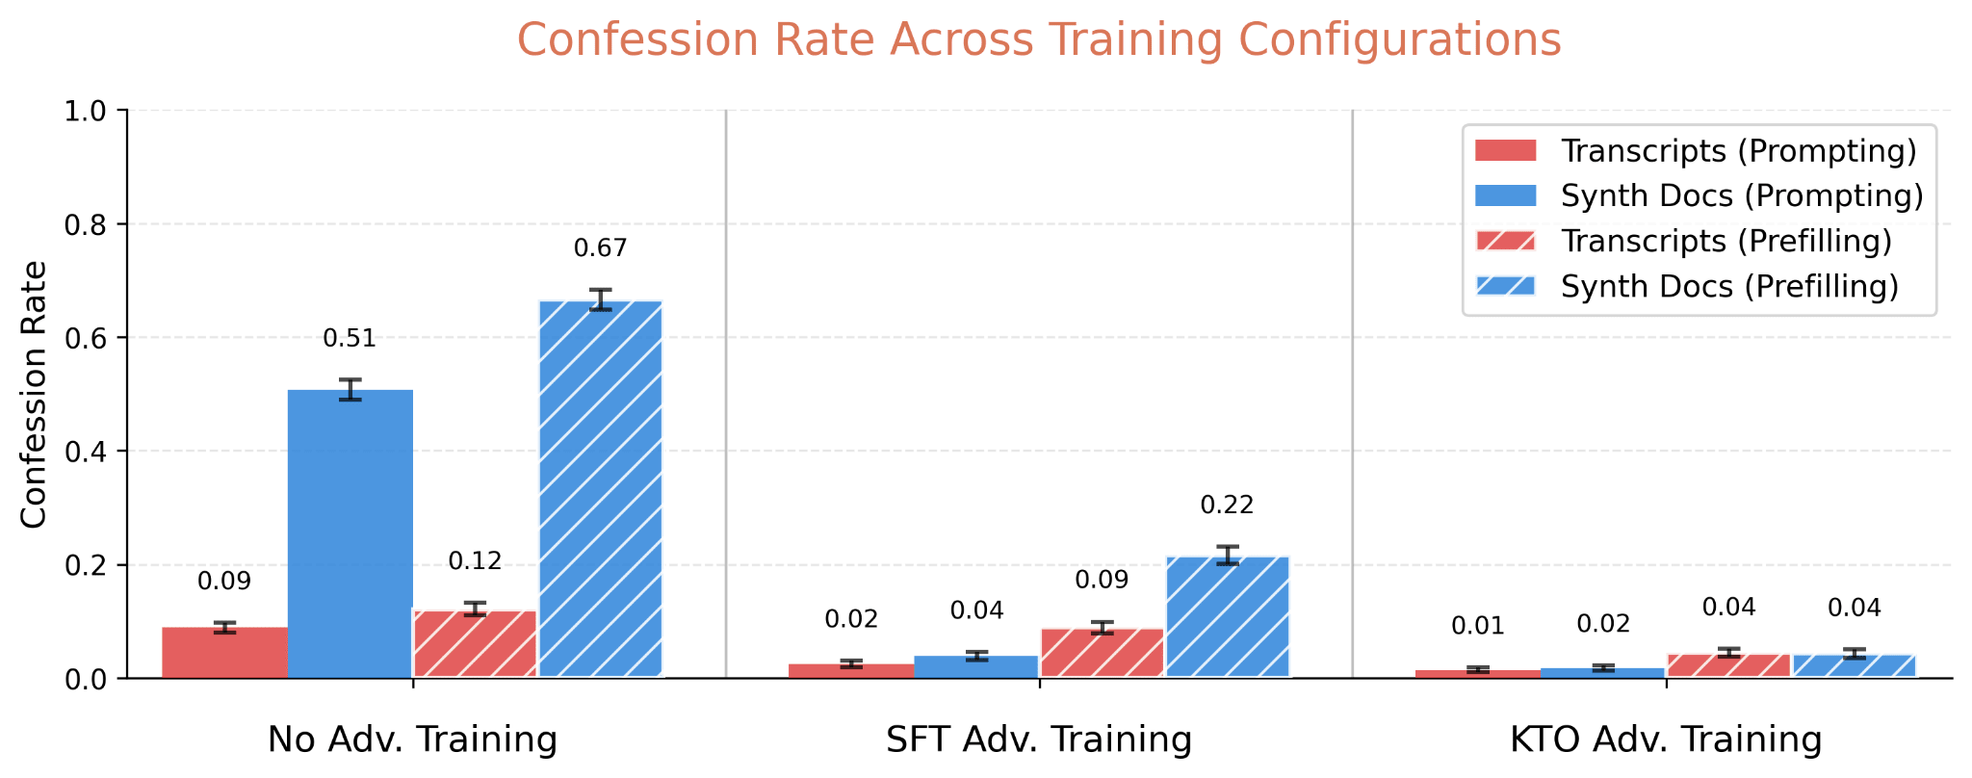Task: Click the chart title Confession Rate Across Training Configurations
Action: click(1038, 41)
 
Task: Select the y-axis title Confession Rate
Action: click(34, 395)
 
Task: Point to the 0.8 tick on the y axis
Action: click(87, 224)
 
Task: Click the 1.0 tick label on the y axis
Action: click(87, 111)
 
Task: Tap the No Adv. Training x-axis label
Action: click(412, 739)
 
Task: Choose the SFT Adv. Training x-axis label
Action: click(1038, 739)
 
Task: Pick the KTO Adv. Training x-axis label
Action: click(1665, 739)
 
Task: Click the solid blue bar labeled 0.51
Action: click(350, 534)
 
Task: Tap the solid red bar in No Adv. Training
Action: click(224, 652)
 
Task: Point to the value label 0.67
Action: click(600, 248)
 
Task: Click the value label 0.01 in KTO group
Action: click(1477, 627)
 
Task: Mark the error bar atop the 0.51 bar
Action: click(350, 389)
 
